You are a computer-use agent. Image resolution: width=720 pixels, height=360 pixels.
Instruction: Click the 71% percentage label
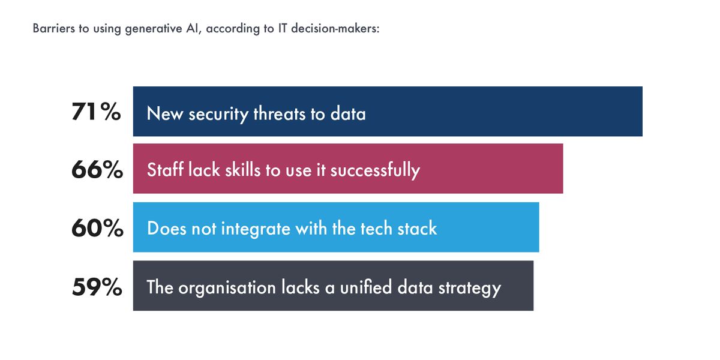[x=97, y=112]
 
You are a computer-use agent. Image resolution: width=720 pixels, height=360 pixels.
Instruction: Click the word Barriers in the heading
[x=52, y=29]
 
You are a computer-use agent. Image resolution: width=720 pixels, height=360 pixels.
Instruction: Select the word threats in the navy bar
[x=280, y=113]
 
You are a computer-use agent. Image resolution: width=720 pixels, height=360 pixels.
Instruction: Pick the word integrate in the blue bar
[x=260, y=229]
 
